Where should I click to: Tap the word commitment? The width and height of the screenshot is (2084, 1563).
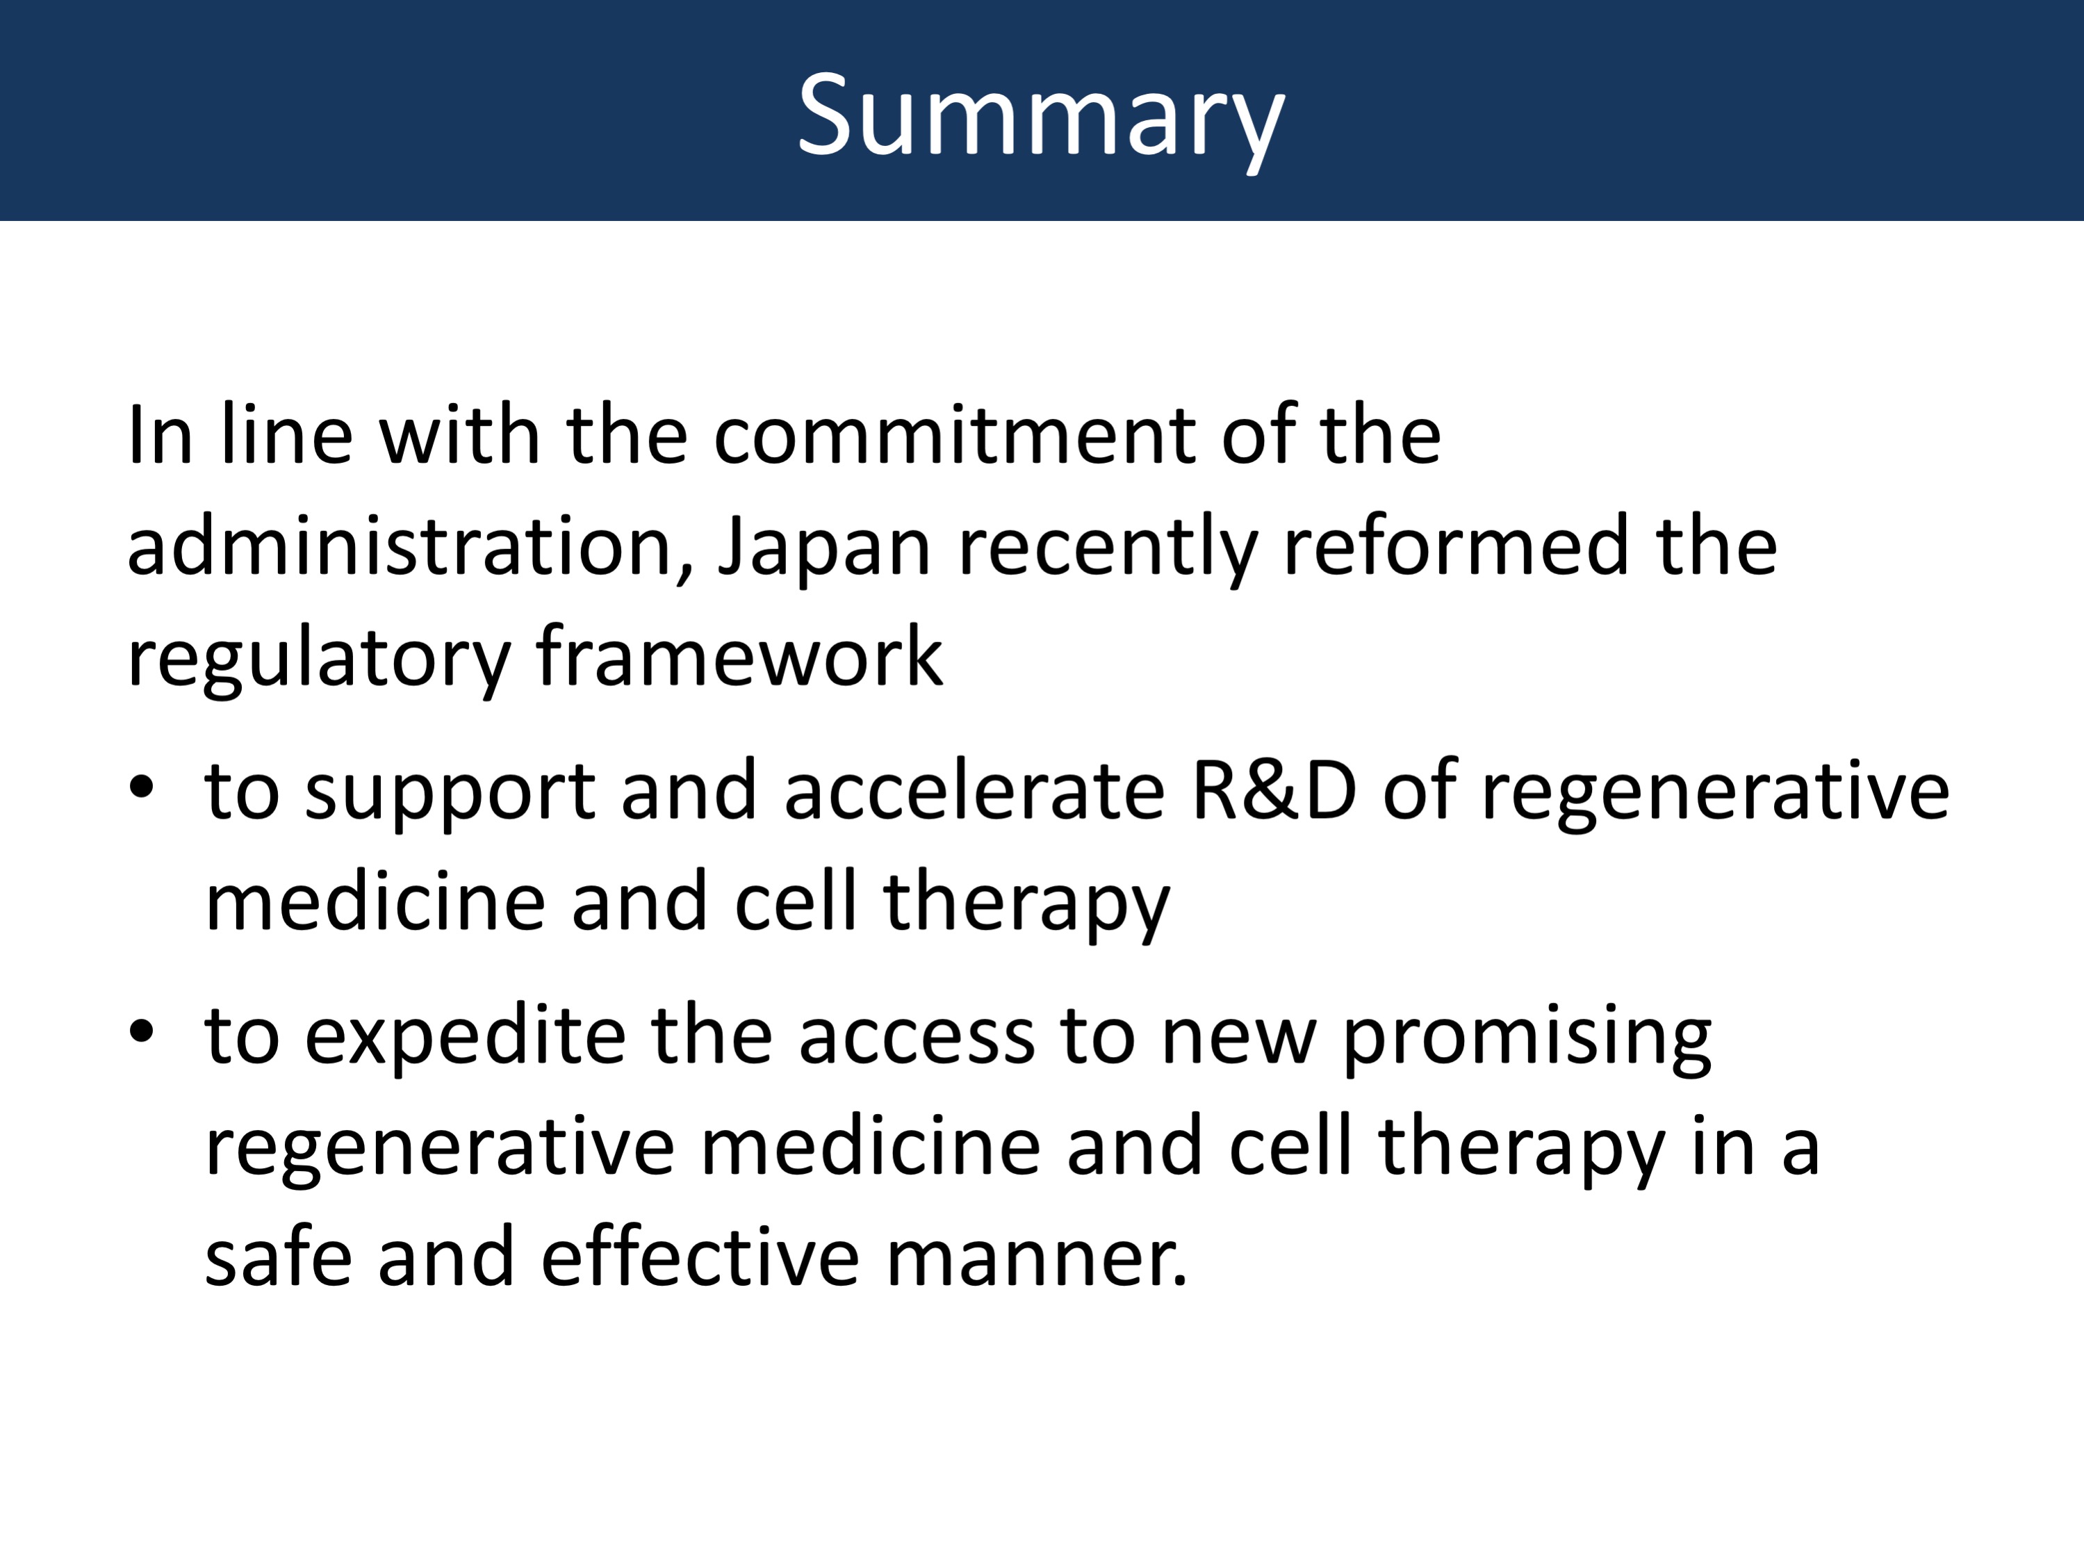[954, 434]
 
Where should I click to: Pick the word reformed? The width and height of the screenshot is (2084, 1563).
[1456, 546]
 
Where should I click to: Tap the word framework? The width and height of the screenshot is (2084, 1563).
[739, 656]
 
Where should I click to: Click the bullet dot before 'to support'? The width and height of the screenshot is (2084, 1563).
[141, 787]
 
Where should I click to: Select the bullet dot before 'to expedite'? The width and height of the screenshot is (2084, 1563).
[141, 1031]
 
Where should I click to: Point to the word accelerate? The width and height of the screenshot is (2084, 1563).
[974, 789]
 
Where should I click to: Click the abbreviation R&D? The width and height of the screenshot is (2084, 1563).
[1274, 790]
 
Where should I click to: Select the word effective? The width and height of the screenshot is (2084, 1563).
[700, 1256]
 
